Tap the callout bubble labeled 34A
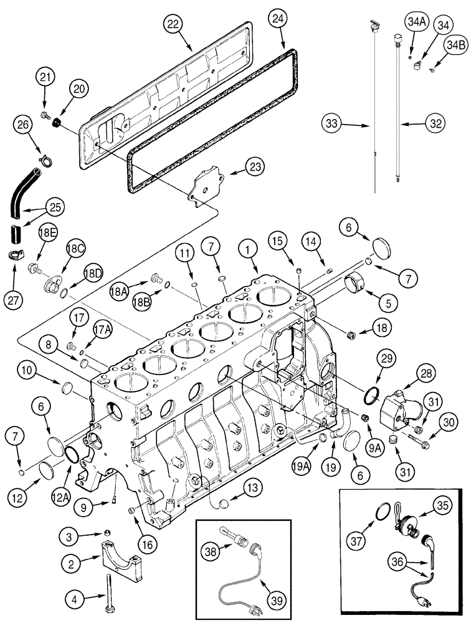point(416,24)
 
